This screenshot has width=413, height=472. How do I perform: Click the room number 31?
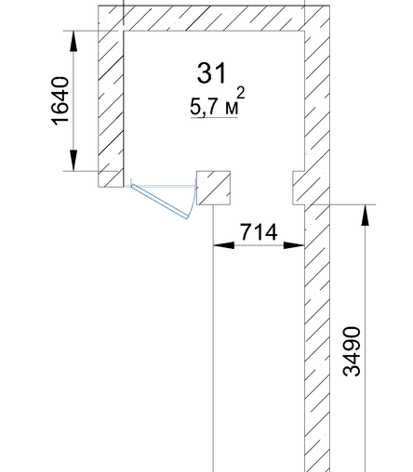[x=212, y=73]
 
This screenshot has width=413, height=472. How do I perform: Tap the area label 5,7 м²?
[x=218, y=101]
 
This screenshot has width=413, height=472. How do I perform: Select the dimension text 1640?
[x=60, y=101]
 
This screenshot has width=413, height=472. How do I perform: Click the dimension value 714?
[x=259, y=232]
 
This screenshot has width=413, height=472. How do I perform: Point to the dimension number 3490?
[x=353, y=351]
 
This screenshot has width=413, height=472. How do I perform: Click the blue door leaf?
[x=160, y=201]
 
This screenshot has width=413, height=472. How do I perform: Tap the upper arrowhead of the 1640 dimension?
[x=73, y=41]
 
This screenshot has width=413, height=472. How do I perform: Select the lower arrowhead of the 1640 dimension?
[x=73, y=160]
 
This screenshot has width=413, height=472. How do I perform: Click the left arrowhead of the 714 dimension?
[x=224, y=245]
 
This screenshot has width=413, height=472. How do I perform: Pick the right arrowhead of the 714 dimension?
[x=294, y=245]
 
